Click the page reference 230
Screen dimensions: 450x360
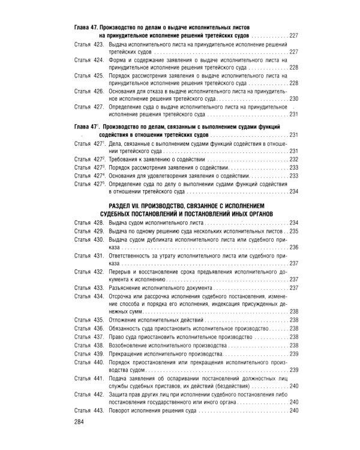(293, 98)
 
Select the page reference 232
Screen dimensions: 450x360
(293, 160)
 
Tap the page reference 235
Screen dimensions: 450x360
(293, 231)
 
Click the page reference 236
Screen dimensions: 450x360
(293, 247)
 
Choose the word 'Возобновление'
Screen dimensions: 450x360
(131, 346)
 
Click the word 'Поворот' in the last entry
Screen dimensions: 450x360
(122, 411)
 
